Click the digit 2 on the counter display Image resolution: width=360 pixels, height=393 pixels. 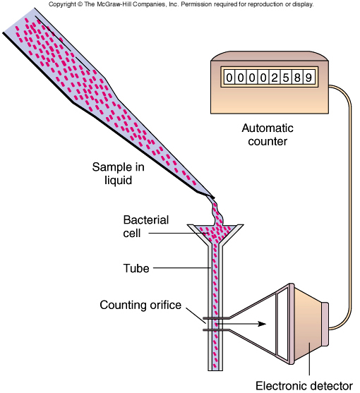[x=275, y=78]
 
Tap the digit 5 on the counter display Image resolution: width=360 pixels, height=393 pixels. [x=286, y=78]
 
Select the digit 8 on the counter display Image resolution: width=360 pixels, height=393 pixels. [x=297, y=78]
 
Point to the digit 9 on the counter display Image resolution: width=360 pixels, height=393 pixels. [x=308, y=78]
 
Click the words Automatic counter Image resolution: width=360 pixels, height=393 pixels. [x=268, y=135]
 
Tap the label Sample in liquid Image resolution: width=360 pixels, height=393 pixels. [x=118, y=174]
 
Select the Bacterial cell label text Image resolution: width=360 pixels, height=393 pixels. [x=145, y=226]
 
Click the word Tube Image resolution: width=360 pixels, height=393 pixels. [x=136, y=268]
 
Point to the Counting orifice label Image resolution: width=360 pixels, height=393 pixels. [x=140, y=305]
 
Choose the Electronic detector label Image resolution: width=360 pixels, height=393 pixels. [x=304, y=386]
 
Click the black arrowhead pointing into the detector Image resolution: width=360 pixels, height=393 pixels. [x=262, y=324]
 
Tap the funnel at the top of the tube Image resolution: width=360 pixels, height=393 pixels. [x=215, y=234]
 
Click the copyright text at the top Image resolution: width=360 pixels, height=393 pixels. [x=181, y=4]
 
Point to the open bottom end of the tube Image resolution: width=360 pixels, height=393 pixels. [x=215, y=369]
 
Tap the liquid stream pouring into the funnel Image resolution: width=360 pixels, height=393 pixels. [x=216, y=212]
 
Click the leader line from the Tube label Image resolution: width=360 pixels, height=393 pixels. [x=181, y=268]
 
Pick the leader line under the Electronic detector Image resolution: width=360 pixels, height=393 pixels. [x=309, y=359]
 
